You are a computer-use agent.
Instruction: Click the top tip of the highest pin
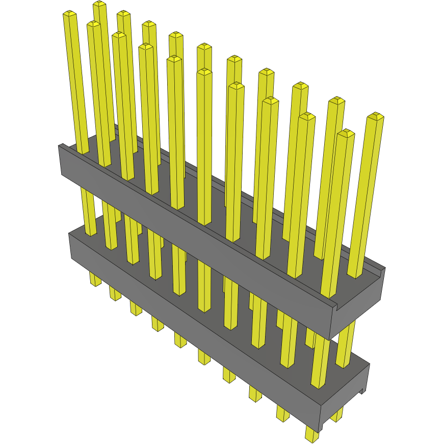(x=99, y=5)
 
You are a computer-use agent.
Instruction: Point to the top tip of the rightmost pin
(x=376, y=116)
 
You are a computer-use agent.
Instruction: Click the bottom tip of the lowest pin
(x=311, y=437)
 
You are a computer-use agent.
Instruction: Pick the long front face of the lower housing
(x=194, y=326)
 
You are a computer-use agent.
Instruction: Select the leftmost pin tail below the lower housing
(x=95, y=279)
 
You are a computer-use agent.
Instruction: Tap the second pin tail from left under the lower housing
(x=115, y=294)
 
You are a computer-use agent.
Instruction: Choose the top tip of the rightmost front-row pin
(x=346, y=134)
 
